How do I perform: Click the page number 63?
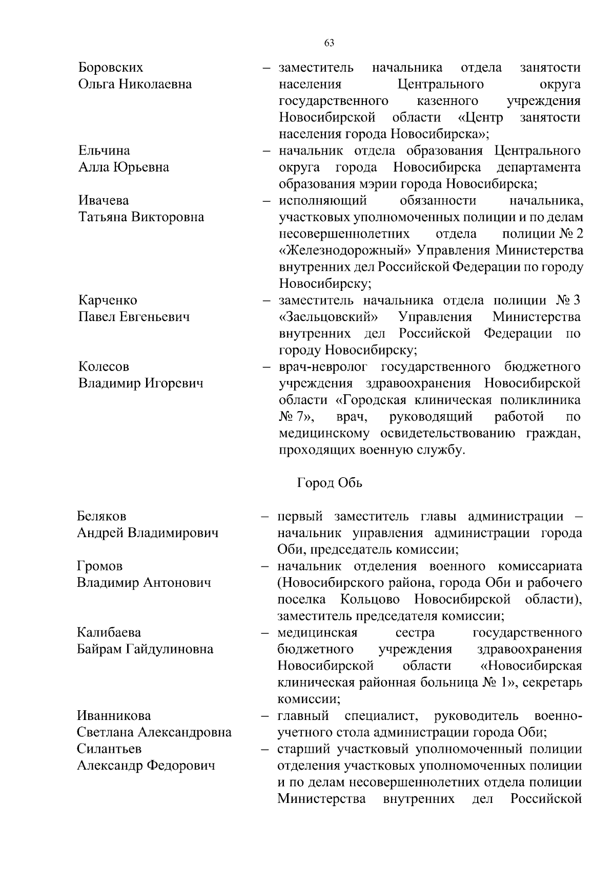click(x=329, y=43)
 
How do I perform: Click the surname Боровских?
click(x=110, y=68)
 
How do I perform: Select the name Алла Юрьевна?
click(x=123, y=167)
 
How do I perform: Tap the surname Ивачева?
click(x=103, y=200)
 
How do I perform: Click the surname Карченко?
click(x=107, y=300)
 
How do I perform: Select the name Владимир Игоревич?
click(x=140, y=384)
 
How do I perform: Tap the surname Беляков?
click(x=101, y=516)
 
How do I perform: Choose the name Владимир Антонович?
click(x=143, y=583)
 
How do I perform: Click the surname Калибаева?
click(x=109, y=632)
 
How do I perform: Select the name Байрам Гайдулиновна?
click(x=145, y=649)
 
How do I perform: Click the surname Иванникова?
click(x=114, y=715)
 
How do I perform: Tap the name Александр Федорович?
click(x=146, y=766)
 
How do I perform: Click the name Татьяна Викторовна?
click(x=141, y=217)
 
